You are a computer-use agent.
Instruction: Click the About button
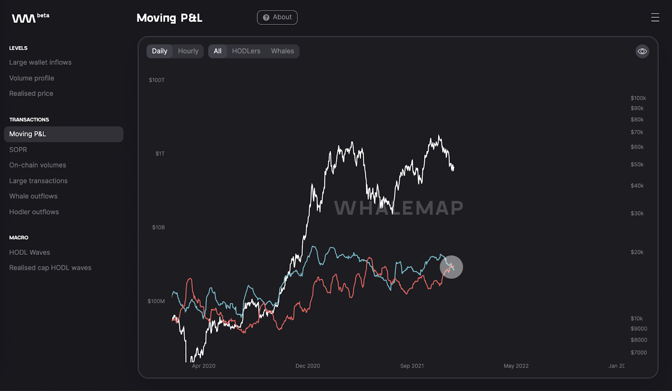coord(277,18)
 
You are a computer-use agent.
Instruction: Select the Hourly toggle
coord(188,51)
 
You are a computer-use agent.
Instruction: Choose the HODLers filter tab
coord(246,51)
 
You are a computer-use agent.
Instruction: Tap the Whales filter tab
coord(282,51)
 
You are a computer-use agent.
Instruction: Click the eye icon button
coord(642,51)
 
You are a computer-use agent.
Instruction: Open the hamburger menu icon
coord(655,17)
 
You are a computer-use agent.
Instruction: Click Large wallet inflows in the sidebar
coord(40,62)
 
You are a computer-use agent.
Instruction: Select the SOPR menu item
coord(18,150)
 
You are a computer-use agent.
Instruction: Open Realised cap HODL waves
coord(50,268)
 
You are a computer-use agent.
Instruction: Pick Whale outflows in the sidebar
coord(33,196)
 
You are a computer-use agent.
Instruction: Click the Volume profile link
coord(31,78)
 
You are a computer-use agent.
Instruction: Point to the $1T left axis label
coord(160,154)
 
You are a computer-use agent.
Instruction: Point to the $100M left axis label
coord(156,301)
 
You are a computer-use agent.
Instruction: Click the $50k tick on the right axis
coord(637,165)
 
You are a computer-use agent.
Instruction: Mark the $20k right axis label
coord(637,252)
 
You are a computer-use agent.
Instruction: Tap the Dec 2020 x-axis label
coord(308,366)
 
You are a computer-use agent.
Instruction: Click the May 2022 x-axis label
coord(516,366)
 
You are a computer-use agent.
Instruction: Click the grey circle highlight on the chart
coord(451,267)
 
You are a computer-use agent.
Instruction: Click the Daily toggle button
coord(160,51)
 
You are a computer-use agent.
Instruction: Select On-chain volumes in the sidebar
coord(38,165)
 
